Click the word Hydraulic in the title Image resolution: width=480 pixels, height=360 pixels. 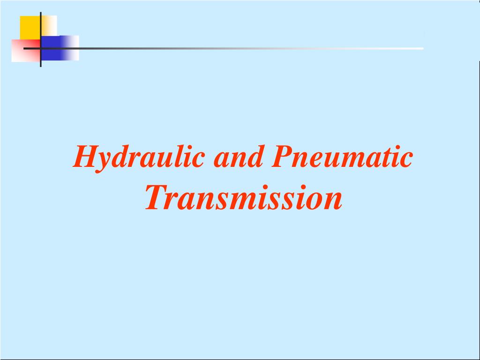pos(139,157)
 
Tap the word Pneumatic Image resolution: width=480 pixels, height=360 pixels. pos(342,157)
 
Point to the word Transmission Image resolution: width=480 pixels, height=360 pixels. pos(243,198)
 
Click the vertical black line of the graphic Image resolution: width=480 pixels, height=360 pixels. pos(41,28)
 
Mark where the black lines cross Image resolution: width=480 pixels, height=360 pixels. pos(41,48)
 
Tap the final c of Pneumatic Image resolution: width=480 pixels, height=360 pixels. pos(407,159)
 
